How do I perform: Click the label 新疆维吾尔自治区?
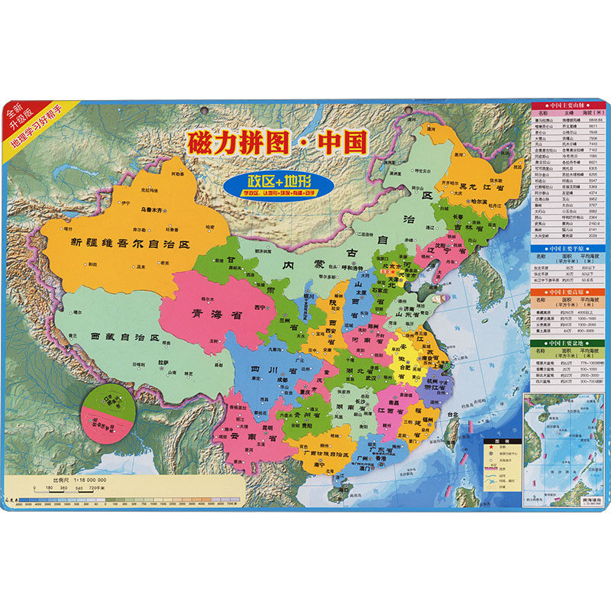click(128, 243)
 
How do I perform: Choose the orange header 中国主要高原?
click(565, 292)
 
